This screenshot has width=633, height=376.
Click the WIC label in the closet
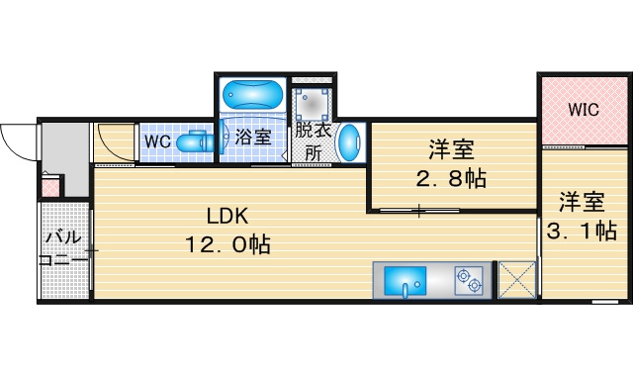point(584,110)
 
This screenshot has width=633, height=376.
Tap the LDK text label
point(227,217)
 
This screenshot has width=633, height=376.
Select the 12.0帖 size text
point(227,244)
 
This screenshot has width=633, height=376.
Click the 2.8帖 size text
point(451,178)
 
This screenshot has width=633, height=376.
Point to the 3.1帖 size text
point(582,231)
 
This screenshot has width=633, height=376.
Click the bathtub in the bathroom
point(253,94)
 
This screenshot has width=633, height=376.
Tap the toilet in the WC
point(196,141)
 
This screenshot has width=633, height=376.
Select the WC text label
point(158,141)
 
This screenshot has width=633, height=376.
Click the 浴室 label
point(253,137)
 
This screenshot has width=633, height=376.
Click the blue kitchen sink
point(405,281)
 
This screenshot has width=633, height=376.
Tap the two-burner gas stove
point(469,280)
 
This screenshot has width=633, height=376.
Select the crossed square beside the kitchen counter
point(517,280)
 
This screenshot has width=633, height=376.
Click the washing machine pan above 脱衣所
point(312,104)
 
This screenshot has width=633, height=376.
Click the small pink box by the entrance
point(50,188)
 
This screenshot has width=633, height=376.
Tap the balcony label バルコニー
point(63,248)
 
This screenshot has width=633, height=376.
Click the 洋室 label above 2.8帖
point(451,149)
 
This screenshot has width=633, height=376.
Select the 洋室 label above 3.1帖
point(582,202)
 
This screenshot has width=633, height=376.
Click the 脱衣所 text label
point(314,141)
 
